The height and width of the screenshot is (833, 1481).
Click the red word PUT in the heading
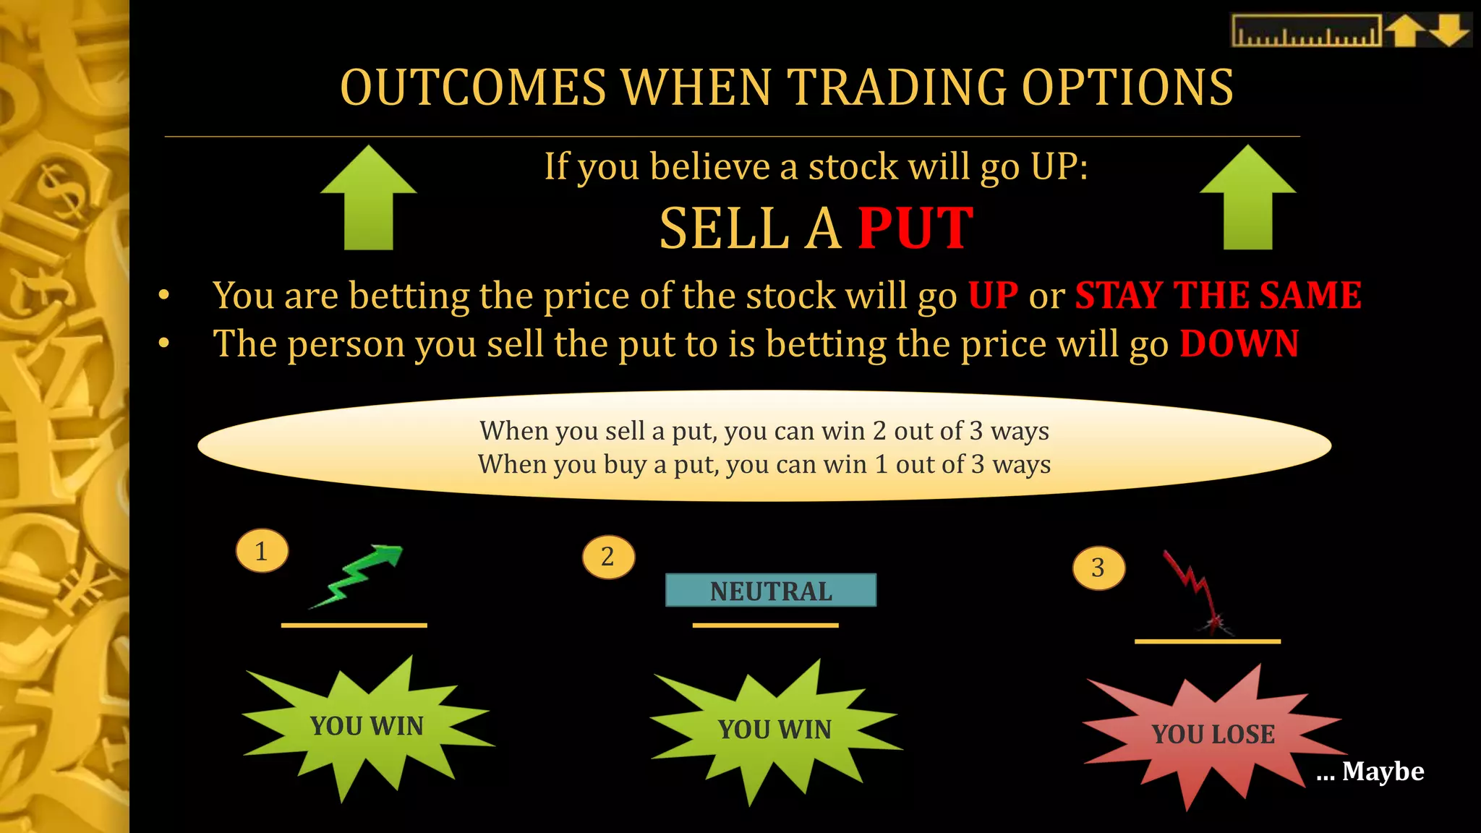coord(916,228)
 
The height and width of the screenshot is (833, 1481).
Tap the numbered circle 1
coord(262,551)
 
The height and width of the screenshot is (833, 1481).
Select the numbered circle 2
coord(608,557)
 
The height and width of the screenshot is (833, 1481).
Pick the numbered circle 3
coord(1098,568)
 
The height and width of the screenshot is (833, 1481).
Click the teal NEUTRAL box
coord(771,590)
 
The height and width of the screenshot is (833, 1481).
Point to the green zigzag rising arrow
coord(358,575)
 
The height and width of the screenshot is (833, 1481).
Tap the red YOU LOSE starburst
coord(1213,734)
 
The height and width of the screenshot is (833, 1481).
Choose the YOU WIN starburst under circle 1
coord(367,726)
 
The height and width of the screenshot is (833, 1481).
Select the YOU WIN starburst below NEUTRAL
coord(774,730)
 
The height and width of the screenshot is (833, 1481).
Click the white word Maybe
coord(1383,772)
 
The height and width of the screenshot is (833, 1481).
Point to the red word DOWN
coord(1239,343)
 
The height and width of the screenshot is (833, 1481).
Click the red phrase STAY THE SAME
coord(1218,295)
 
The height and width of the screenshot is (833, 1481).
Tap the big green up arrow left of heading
coord(369,198)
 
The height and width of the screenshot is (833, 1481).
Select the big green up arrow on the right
coord(1247,198)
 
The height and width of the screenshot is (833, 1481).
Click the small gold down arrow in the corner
coord(1449,31)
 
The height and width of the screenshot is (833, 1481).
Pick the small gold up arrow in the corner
coord(1404,31)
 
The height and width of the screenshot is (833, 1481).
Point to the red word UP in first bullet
coord(993,295)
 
